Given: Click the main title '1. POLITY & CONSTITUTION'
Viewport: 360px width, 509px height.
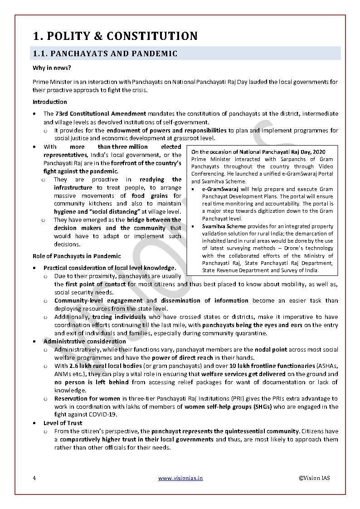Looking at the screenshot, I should pyautogui.click(x=115, y=36).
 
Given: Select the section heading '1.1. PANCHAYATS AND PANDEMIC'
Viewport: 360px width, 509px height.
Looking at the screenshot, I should pyautogui.click(x=105, y=54).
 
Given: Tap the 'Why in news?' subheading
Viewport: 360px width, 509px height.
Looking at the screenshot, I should pyautogui.click(x=51, y=68).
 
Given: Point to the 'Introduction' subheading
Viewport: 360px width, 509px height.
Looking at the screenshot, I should pyautogui.click(x=49, y=102).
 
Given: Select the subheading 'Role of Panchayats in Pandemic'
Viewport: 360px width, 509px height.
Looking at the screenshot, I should pyautogui.click(x=77, y=256).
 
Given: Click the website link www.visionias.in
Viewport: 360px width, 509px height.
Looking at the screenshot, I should pyautogui.click(x=180, y=478).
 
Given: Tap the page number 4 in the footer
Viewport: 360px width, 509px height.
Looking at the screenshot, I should pyautogui.click(x=34, y=478).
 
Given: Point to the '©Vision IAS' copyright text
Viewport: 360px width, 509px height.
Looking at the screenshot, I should pyautogui.click(x=314, y=478).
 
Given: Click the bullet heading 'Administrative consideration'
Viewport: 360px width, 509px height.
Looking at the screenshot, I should pyautogui.click(x=85, y=341).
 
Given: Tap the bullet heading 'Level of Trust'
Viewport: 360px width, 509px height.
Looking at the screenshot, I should pyautogui.click(x=63, y=423).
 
